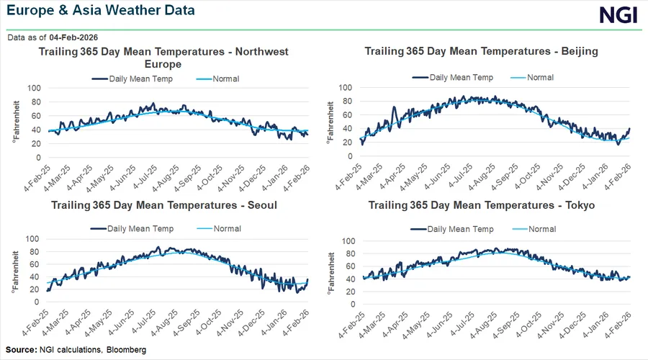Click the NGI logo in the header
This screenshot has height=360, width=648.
[618, 16]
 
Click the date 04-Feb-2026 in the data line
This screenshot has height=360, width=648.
[74, 37]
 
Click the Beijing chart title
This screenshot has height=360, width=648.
[482, 51]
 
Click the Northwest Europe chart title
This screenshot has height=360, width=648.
[163, 58]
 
